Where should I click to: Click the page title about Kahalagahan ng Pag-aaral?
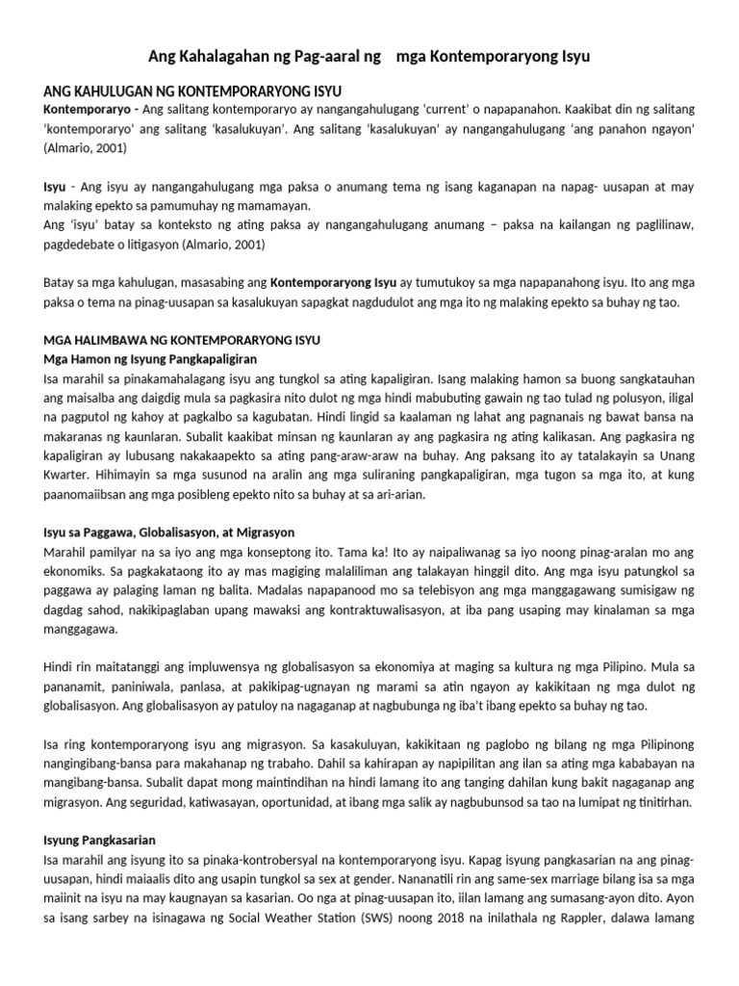pos(369,57)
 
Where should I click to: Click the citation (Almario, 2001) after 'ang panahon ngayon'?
pos(85,149)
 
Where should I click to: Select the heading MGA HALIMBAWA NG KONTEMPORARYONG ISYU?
pos(182,341)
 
